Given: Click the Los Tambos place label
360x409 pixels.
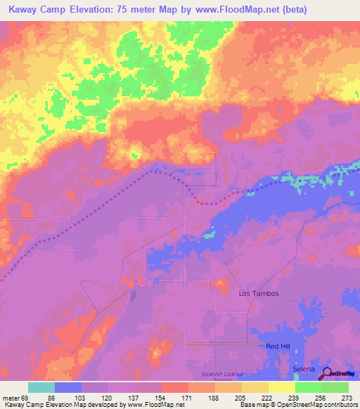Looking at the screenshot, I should tap(259, 293).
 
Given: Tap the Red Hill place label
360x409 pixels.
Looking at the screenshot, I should tap(277, 346).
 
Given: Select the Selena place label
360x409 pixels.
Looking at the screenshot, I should tap(304, 369).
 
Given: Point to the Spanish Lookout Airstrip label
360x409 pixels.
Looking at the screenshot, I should tap(221, 375).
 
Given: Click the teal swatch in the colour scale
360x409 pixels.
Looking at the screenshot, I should tap(41, 387).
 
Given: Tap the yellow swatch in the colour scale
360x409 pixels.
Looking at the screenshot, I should tap(281, 387).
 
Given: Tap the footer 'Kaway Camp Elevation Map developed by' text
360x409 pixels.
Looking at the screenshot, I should tap(60, 405).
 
